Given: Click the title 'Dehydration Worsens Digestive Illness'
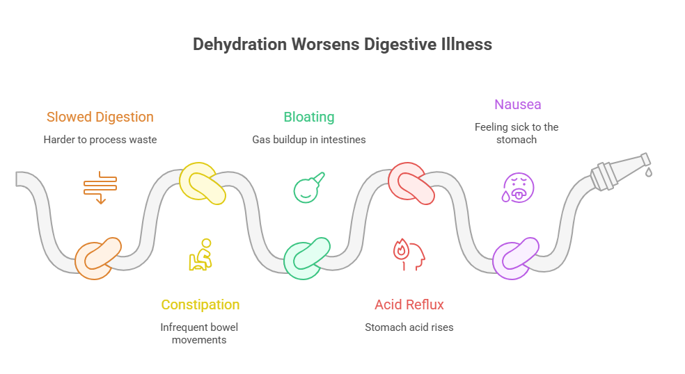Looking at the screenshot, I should tap(342, 44).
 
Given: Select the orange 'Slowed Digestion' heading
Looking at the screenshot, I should tap(100, 117).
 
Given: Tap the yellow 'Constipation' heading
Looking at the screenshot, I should tap(200, 304).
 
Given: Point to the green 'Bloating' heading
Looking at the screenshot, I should tap(308, 117).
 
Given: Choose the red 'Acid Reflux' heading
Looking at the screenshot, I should tap(409, 304).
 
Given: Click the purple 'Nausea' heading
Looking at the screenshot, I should tap(517, 104).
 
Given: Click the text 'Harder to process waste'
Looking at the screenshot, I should tap(100, 140).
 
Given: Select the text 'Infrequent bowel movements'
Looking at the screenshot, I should tap(200, 333).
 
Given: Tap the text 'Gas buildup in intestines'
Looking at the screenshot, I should tap(308, 140).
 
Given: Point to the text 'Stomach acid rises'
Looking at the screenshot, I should tap(409, 327).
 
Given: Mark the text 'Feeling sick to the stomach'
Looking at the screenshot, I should tap(517, 133).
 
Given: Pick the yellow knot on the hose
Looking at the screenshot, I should tap(202, 183).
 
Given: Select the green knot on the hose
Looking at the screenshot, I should tap(306, 258).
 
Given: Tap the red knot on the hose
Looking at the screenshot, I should tap(411, 183).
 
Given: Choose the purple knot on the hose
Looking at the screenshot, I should tap(515, 258).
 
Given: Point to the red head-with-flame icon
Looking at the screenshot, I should tap(409, 253).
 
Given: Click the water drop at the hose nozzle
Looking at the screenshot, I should tap(648, 171).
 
